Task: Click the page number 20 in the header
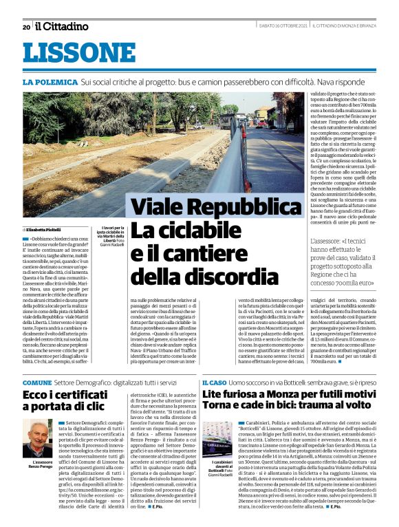coord(26,27)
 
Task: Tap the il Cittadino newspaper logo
coord(62,26)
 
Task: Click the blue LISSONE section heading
coord(78,53)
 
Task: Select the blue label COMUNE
coord(37,382)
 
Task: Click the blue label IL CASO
coord(213,382)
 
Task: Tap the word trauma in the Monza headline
coord(312,409)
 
